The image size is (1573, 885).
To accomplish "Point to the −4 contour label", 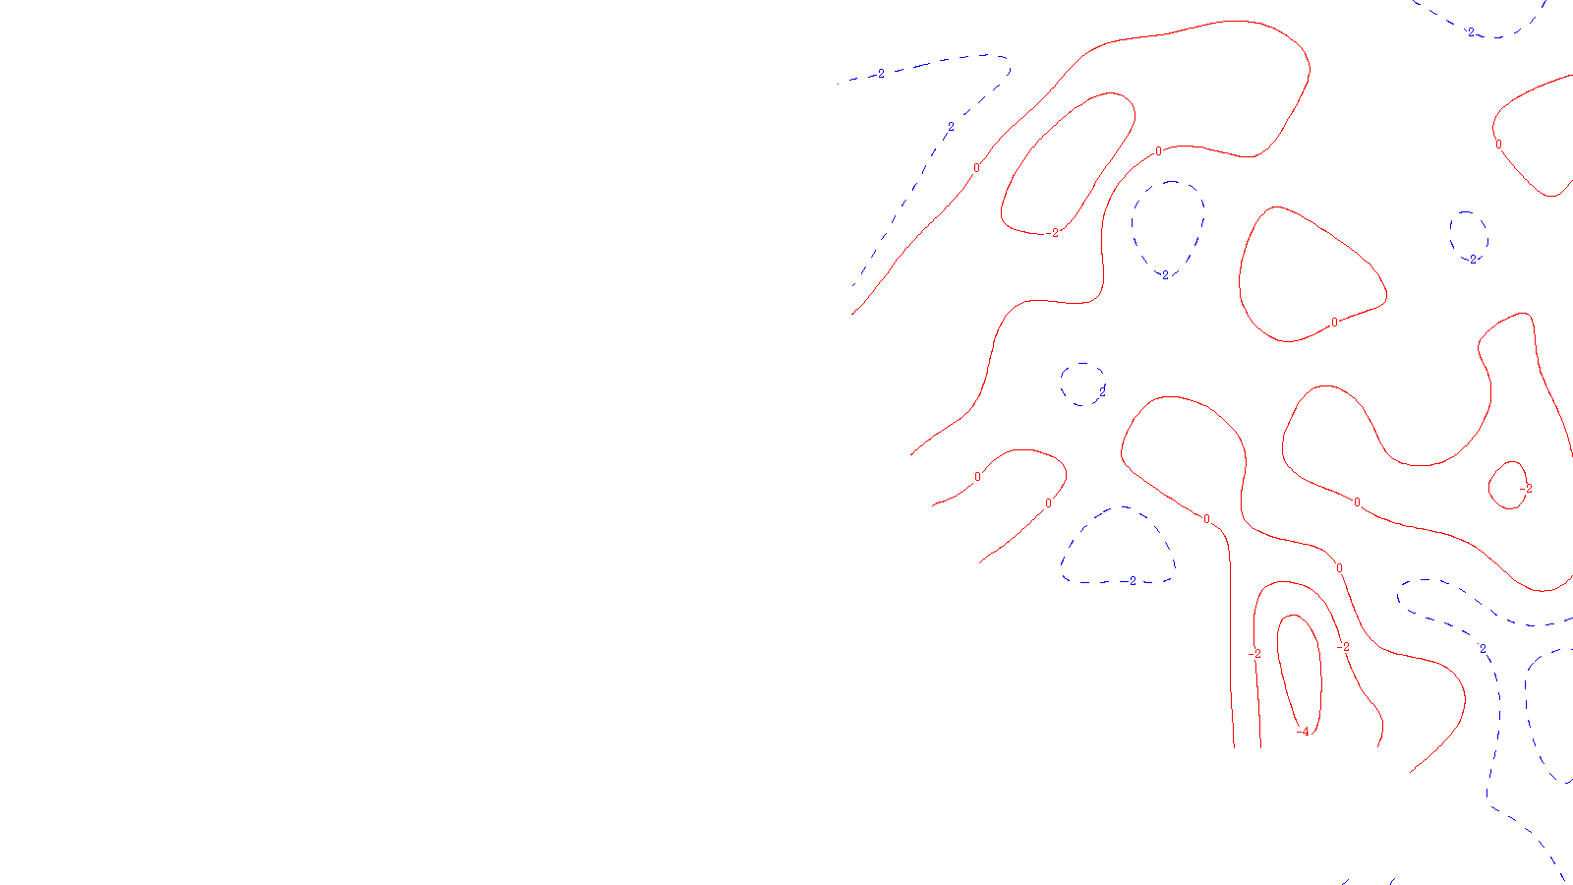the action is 1303,732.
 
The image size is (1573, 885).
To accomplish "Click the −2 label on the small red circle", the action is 1525,489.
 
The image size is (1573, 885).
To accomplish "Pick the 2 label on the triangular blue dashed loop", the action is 1131,581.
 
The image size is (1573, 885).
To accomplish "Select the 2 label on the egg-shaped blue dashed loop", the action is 1164,274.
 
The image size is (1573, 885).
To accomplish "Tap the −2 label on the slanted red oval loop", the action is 1054,233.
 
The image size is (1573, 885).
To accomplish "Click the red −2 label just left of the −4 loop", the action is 1254,654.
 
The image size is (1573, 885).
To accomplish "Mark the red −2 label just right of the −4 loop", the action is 1343,647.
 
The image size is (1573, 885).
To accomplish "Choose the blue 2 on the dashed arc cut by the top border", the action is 1471,32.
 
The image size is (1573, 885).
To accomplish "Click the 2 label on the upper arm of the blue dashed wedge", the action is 880,74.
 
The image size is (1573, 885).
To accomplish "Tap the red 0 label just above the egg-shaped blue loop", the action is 1158,151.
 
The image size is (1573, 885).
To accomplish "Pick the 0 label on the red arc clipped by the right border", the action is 1498,145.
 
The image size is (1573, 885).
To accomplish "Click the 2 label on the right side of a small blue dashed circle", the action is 1102,391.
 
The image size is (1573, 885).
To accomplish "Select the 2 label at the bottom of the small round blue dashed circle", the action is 1472,260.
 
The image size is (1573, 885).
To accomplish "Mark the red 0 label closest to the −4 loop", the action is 1339,568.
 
